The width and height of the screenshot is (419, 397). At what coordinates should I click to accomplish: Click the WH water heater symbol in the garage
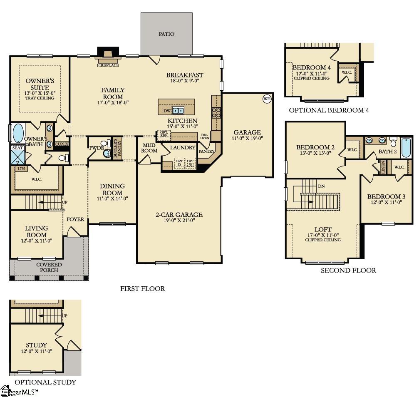(267, 99)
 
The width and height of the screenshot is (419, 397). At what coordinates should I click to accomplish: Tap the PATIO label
(166, 34)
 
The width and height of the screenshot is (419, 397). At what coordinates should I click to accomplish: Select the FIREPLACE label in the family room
(108, 65)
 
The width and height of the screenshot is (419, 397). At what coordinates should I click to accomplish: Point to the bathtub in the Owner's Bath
(18, 133)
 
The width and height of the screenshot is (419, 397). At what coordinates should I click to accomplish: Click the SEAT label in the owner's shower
(17, 148)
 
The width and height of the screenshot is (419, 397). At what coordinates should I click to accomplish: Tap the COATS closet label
(62, 144)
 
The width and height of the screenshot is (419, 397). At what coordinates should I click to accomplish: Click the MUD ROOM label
(149, 148)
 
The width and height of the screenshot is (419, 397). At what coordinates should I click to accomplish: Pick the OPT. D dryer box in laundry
(179, 162)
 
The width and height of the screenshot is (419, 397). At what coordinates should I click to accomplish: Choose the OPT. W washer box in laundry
(191, 162)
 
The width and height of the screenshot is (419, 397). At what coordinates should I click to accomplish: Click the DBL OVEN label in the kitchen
(205, 136)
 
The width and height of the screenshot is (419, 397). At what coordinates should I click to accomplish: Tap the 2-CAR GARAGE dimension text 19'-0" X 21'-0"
(179, 221)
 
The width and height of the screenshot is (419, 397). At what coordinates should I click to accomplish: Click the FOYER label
(75, 219)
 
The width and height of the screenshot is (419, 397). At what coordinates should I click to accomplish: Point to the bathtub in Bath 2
(406, 147)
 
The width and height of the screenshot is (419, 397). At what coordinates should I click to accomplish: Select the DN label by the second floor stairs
(321, 186)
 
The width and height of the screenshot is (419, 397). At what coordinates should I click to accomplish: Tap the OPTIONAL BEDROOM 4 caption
(329, 110)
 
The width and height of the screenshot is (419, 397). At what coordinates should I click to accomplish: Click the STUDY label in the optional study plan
(36, 345)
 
